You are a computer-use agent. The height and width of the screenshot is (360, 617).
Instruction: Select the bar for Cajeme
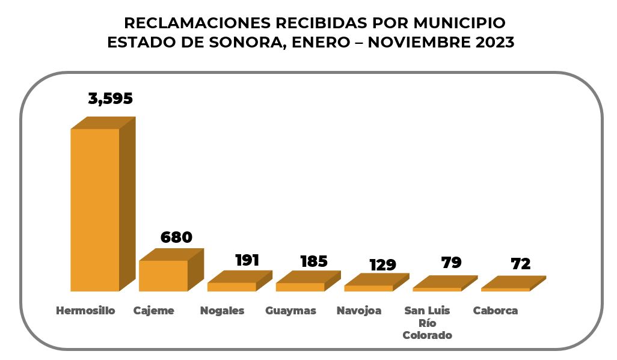163,275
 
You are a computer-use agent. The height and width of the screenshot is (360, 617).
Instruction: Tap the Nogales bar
232,286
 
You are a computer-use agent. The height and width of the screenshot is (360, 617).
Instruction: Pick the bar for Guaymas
300,286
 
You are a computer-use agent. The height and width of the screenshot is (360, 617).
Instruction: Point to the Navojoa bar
369,287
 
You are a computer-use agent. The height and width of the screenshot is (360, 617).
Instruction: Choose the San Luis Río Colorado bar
437,288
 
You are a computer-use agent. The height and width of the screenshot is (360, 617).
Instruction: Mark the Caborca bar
506,289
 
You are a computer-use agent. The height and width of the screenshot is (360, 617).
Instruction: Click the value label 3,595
110,99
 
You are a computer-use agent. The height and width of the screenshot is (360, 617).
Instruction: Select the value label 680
176,237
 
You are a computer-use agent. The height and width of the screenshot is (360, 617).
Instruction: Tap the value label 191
247,260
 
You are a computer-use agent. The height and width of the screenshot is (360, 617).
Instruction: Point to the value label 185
313,261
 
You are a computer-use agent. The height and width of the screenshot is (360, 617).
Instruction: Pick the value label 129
382,265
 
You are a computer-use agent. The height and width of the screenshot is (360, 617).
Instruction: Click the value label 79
451,263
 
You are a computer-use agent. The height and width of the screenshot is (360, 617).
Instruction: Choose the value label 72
520,264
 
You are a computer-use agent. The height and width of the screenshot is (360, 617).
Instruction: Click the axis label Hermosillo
85,311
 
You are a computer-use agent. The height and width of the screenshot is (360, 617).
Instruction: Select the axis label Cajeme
153,311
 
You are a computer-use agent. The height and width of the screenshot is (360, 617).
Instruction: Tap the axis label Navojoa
359,311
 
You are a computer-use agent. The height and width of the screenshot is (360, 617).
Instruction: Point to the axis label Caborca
495,311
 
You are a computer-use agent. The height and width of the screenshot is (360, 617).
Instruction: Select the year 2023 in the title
493,43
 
